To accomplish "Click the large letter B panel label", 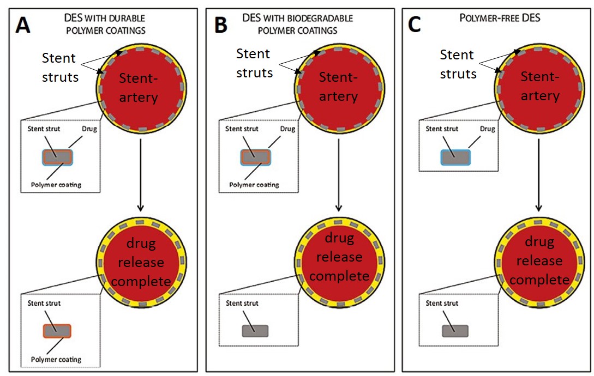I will click(220, 25).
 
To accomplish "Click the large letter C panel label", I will click(414, 25).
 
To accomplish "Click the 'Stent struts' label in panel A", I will click(60, 68).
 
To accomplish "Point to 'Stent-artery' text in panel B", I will click(338, 87).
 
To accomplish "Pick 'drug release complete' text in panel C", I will click(540, 260).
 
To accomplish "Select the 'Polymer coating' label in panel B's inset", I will click(254, 185).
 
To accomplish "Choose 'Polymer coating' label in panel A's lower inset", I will click(56, 359).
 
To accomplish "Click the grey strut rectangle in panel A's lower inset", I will click(57, 331).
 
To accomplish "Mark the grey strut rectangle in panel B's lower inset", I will click(255, 331).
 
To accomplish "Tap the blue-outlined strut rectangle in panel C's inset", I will click(455, 157).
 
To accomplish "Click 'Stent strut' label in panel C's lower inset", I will click(442, 303).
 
